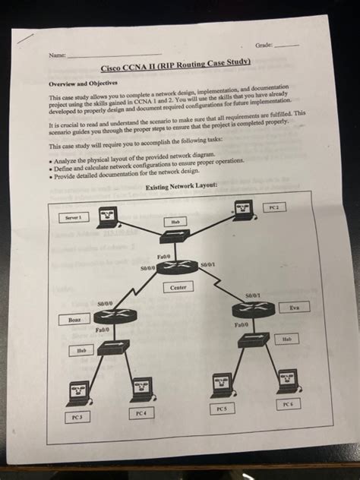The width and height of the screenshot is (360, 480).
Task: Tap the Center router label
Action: [x=178, y=287]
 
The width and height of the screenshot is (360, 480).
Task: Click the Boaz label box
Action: [x=76, y=321]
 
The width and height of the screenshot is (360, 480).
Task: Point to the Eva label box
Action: [x=294, y=308]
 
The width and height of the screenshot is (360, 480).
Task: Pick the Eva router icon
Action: [x=253, y=308]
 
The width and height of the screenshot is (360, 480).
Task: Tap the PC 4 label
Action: [x=138, y=412]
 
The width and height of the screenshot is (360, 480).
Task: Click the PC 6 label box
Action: [x=287, y=405]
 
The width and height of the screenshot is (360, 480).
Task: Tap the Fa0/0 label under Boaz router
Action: [x=101, y=330]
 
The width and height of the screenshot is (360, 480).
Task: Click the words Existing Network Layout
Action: [x=182, y=186]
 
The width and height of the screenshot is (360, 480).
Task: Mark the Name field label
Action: [x=56, y=57]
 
